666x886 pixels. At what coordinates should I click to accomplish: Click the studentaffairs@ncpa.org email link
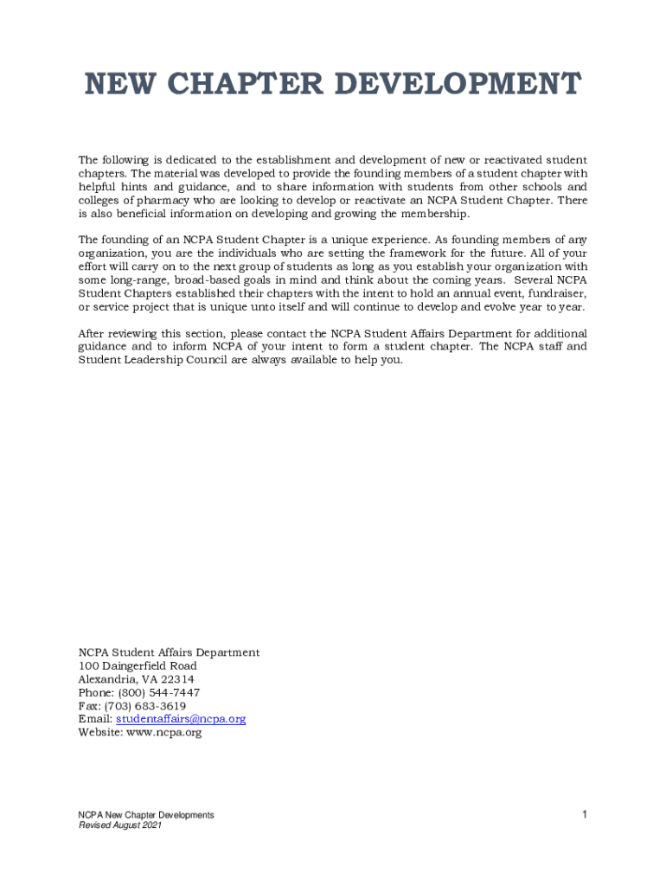click(181, 719)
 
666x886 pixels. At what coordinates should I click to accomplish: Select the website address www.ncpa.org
click(164, 732)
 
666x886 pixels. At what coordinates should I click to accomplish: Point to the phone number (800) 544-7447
click(161, 692)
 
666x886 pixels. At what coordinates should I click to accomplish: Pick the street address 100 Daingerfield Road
click(138, 665)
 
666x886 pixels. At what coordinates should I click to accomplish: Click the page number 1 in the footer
click(585, 814)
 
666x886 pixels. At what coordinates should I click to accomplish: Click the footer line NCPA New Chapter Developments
click(146, 815)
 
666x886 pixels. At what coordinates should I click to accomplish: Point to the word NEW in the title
click(114, 85)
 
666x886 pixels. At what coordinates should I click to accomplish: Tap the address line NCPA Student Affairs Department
click(169, 652)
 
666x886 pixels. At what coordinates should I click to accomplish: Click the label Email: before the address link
click(95, 719)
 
